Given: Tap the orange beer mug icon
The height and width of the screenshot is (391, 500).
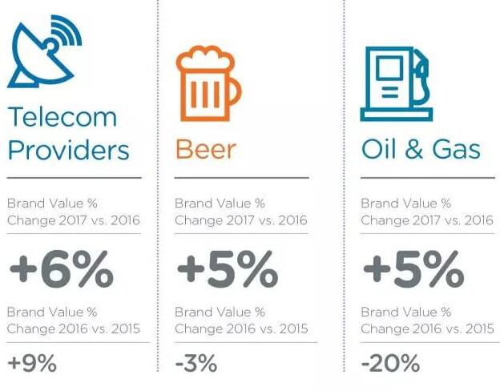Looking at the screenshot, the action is (209, 83).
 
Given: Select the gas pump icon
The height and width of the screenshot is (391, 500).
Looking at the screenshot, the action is (397, 84).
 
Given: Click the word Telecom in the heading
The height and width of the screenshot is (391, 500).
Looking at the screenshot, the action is (62, 117).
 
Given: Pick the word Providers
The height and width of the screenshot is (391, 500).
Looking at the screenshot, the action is (68, 150).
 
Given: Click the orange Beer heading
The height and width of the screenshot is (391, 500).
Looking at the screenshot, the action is (206, 149).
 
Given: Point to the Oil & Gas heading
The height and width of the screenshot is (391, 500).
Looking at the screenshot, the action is (421, 149).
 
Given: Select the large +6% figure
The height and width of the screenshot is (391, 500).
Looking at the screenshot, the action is (62, 269).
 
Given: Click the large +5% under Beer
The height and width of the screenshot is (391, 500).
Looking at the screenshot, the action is (228, 269).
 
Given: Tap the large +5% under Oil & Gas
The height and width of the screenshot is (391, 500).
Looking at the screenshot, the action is (413, 269).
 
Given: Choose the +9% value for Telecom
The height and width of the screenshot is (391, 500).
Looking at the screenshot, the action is (32, 363).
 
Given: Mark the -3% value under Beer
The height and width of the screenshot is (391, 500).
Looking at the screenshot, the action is (196, 363).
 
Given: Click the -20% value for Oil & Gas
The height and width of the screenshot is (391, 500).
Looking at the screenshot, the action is (390, 363).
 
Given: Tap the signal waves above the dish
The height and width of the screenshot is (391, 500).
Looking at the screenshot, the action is (68, 30).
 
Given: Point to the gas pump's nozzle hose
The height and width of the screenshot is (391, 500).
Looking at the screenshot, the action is (422, 77).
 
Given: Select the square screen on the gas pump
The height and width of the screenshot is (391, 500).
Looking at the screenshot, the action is (389, 68).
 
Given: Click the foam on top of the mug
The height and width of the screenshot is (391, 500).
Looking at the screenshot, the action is (206, 58).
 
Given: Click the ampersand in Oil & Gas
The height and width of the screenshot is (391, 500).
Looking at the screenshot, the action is (414, 149).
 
